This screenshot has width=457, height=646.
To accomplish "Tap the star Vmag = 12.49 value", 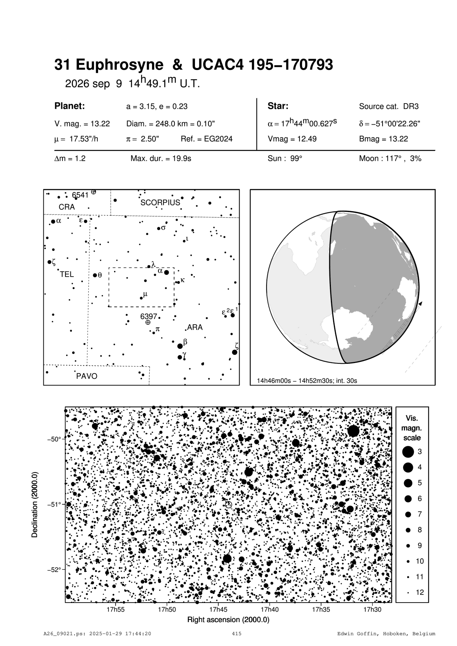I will [x=292, y=139].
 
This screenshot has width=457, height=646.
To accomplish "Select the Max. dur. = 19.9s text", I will [x=161, y=159].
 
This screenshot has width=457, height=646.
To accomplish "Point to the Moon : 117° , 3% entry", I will [x=390, y=159].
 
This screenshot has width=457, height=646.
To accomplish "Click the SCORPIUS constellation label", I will [x=160, y=203].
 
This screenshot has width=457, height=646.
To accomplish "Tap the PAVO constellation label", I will [x=86, y=376].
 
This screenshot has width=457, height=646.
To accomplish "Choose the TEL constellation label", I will [x=67, y=274].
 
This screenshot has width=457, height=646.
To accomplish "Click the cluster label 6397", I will [x=149, y=316].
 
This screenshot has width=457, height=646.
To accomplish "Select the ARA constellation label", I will [x=195, y=327].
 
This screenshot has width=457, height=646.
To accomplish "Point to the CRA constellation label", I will [x=67, y=207].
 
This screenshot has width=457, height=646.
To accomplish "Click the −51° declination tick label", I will [x=54, y=505].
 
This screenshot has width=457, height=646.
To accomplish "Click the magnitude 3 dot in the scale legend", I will [x=408, y=452].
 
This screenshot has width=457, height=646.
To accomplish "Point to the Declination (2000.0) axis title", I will [x=35, y=505].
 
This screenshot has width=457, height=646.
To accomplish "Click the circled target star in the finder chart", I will [x=228, y=505].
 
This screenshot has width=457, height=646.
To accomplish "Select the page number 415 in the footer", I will [x=237, y=634].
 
